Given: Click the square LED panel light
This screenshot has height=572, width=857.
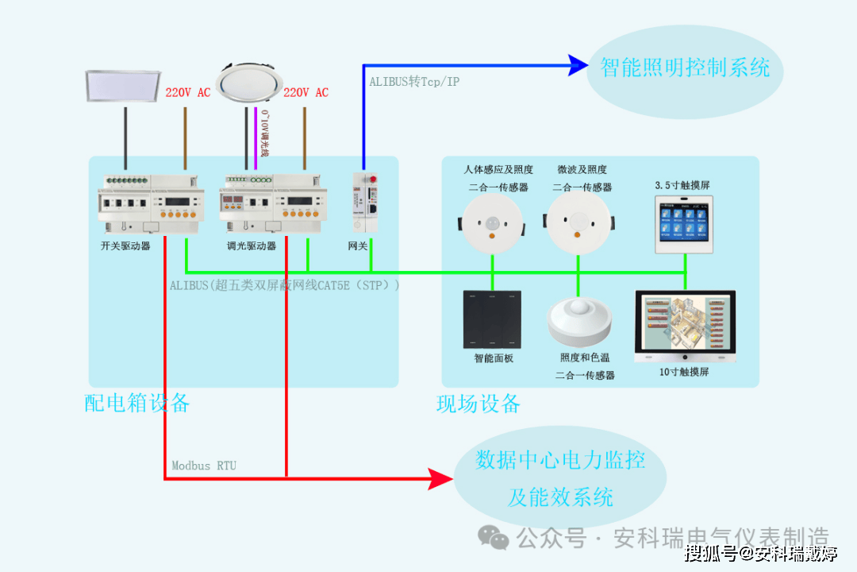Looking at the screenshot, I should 125,87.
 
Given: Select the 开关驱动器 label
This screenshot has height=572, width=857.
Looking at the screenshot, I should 125,246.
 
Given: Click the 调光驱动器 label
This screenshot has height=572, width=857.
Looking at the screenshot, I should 252,246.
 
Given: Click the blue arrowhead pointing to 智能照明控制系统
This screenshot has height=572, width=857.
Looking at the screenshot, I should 578,65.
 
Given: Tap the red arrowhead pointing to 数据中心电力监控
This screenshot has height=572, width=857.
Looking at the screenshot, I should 440,478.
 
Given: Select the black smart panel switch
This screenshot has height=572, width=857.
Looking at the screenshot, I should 492,319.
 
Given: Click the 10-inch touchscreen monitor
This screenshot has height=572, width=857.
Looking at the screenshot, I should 686,327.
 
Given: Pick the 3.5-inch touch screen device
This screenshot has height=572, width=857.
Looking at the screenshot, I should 684,224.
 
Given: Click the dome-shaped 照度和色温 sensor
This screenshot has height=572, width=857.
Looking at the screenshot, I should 579,321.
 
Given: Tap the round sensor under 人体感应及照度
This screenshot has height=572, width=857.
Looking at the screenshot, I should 493,223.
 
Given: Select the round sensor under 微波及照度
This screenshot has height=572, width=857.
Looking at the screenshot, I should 578,223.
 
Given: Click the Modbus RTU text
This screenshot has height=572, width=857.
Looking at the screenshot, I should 204,466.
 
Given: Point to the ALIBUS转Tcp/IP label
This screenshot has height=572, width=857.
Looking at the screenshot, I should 414,82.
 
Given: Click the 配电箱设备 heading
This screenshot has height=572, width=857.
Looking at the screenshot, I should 137,403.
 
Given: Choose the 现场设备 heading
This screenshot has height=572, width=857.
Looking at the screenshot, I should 478,404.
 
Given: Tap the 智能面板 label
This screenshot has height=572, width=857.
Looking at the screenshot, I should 494,358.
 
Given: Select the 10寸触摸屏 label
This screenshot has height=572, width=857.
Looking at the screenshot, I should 684,372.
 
